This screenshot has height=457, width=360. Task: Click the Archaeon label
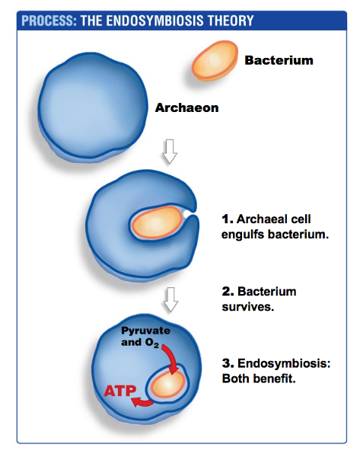pyautogui.click(x=186, y=107)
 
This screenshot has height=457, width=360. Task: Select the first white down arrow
pyautogui.click(x=170, y=154)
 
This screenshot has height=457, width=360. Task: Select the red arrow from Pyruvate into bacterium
pyautogui.click(x=170, y=358)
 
